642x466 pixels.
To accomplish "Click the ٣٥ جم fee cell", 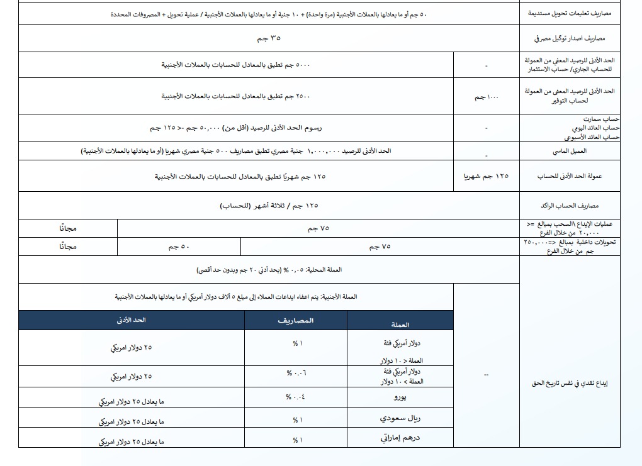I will pos(269,39).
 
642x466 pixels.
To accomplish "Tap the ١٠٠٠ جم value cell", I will pos(487,97).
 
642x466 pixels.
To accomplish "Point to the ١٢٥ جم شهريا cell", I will pos(487,177).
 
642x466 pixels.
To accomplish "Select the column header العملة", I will pos(400,325).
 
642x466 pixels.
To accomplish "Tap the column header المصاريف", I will pos(296,321).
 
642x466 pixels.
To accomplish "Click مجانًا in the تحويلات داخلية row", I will pos(68,247).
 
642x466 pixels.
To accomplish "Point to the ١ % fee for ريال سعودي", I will pos(298,419).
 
